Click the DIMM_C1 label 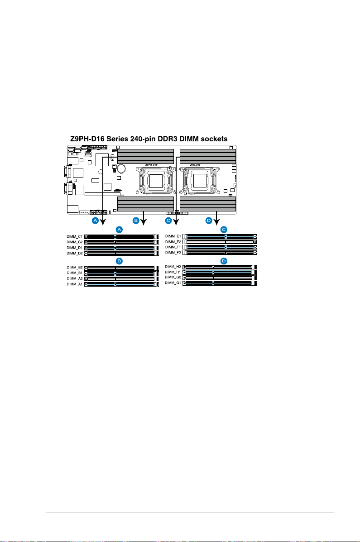pyautogui.click(x=75, y=236)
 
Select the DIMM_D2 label pyautogui.click(x=75, y=253)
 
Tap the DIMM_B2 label pyautogui.click(x=75, y=268)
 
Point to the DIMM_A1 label pyautogui.click(x=75, y=284)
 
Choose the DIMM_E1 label pyautogui.click(x=173, y=236)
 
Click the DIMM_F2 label pyautogui.click(x=173, y=253)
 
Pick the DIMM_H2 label pyautogui.click(x=173, y=267)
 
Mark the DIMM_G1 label pyautogui.click(x=173, y=283)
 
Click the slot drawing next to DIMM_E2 pyautogui.click(x=220, y=242)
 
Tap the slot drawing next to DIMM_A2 pyautogui.click(x=121, y=279)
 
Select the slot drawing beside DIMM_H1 pyautogui.click(x=220, y=272)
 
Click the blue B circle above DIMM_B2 pyautogui.click(x=119, y=261)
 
